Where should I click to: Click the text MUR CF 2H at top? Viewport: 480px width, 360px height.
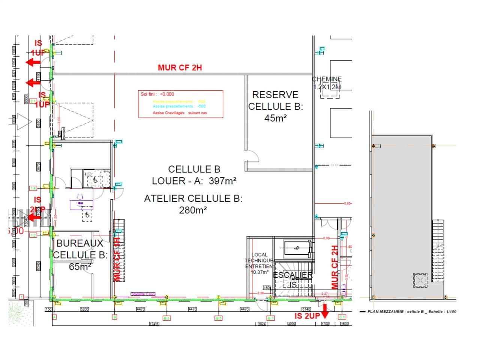(x=180, y=67)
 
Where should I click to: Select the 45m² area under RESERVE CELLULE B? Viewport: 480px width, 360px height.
(x=275, y=118)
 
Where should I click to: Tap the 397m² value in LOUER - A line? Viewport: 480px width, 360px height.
(x=222, y=181)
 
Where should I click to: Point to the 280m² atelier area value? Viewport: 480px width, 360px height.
(x=193, y=210)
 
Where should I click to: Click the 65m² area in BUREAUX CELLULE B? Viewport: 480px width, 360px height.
(x=80, y=267)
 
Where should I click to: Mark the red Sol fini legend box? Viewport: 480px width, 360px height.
(x=180, y=104)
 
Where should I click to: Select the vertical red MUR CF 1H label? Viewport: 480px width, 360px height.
(x=117, y=259)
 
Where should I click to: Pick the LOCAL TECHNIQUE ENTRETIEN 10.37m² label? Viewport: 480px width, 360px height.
(x=259, y=263)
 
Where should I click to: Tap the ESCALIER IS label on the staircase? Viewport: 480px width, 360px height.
(x=293, y=279)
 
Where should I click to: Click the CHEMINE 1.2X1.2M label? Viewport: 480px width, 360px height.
(x=327, y=83)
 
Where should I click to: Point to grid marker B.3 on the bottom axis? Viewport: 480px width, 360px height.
(x=166, y=318)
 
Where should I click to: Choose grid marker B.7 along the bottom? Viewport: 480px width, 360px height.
(x=271, y=318)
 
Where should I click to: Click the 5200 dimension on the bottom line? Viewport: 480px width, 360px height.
(x=84, y=309)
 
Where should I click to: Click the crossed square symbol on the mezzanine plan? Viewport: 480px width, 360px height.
(x=420, y=280)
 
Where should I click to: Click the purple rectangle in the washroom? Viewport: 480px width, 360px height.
(x=81, y=205)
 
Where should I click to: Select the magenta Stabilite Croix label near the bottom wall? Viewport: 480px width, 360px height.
(x=142, y=294)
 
